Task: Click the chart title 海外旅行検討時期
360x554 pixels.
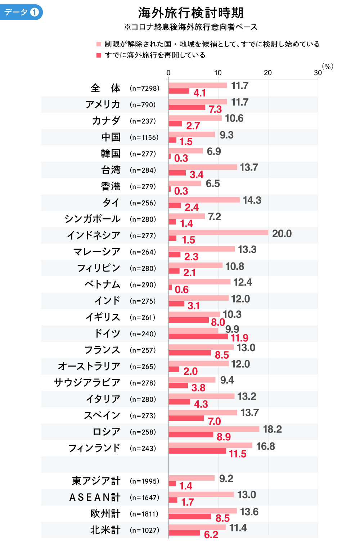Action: [191, 13]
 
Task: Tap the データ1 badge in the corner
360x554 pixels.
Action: [22, 12]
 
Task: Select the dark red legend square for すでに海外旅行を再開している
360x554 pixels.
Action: [99, 55]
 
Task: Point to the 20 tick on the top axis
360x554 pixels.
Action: [268, 73]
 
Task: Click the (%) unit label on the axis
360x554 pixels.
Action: [327, 66]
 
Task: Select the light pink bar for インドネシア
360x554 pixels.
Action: [218, 233]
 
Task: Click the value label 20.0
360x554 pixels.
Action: [282, 234]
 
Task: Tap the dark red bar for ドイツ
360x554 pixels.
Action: [198, 336]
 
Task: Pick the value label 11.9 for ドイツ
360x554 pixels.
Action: [239, 338]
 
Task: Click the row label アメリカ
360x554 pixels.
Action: [103, 104]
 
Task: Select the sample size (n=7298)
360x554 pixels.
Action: [144, 88]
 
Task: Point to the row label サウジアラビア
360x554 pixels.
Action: [87, 382]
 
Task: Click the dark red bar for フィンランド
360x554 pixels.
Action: [197, 451]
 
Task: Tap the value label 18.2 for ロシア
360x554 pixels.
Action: [272, 429]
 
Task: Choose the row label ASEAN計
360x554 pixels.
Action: [95, 497]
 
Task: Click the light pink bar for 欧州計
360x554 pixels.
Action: [202, 511]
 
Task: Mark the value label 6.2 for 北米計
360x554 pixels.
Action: [211, 535]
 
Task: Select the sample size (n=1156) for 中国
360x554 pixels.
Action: [144, 137]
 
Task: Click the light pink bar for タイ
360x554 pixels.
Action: [204, 200]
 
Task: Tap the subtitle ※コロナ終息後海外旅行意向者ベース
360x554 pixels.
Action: [191, 27]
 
